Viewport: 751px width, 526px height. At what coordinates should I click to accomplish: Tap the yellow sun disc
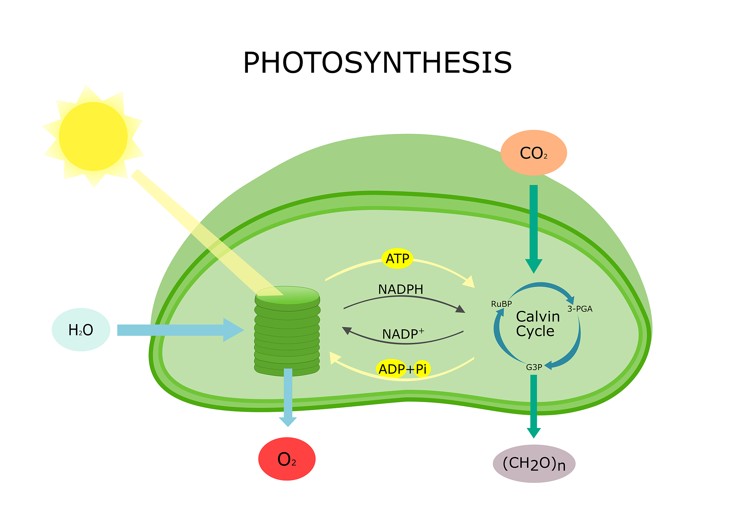point(93,137)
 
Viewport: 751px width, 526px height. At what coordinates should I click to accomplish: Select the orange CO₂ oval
point(534,153)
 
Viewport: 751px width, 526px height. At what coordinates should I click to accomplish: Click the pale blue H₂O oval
point(81,330)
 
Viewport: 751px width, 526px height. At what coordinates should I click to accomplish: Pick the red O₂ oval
point(287,459)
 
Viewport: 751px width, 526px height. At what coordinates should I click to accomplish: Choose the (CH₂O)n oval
point(534,464)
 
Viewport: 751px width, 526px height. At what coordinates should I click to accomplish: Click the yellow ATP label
point(398,259)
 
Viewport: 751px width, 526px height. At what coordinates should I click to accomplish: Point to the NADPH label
point(400,289)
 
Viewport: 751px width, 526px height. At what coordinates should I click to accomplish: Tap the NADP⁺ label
point(403,334)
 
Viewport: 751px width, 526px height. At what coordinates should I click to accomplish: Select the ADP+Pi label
point(403,369)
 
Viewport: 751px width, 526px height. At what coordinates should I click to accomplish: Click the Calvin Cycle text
point(538,324)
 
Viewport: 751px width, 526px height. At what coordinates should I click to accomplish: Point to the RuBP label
point(501,304)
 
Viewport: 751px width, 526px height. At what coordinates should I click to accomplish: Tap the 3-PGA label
point(580,309)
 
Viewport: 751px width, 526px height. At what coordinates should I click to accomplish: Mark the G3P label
point(534,367)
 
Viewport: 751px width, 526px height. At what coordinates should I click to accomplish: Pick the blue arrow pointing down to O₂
point(288,396)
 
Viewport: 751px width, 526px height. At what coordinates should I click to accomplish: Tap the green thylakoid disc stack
point(287,330)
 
